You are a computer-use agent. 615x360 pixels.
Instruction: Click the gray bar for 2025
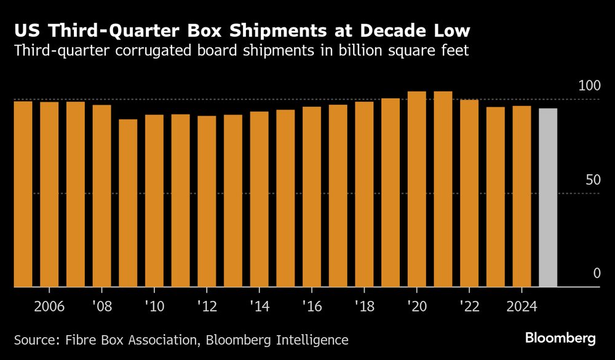548,198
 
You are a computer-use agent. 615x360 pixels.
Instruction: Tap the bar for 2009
128,203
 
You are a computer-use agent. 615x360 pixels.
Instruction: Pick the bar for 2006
49,194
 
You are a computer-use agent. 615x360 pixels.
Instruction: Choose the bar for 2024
522,196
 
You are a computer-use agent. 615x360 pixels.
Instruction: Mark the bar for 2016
312,197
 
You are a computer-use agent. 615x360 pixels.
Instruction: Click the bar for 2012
207,201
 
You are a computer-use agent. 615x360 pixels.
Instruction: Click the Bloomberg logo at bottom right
560,338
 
